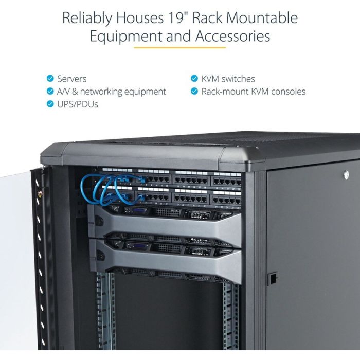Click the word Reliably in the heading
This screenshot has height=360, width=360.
point(87,18)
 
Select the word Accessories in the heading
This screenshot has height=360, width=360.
point(232,36)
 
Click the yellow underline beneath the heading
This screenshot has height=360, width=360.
point(180,48)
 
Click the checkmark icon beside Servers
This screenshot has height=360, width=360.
point(50,78)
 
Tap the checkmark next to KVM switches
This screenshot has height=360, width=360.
point(194,78)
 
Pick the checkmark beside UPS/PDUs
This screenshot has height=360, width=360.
point(50,104)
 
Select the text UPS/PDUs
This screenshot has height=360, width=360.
point(78,104)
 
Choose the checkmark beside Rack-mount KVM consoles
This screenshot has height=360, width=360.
point(194,91)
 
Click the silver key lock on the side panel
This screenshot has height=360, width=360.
point(346,175)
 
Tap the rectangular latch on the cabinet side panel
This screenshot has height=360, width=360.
point(273,279)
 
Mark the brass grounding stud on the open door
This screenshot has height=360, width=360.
point(40,194)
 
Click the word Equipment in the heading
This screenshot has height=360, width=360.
point(127,37)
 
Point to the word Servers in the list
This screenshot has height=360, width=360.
point(72,79)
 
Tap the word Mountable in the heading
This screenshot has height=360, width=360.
point(262,17)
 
